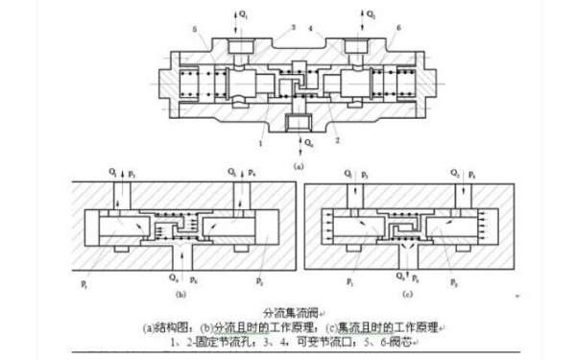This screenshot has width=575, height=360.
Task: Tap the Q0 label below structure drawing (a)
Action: click(308, 143)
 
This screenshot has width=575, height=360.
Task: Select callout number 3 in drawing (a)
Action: click(267, 29)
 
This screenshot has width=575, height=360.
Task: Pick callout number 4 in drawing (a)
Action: click(309, 29)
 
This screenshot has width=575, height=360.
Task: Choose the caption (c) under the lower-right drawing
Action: click(410, 294)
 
